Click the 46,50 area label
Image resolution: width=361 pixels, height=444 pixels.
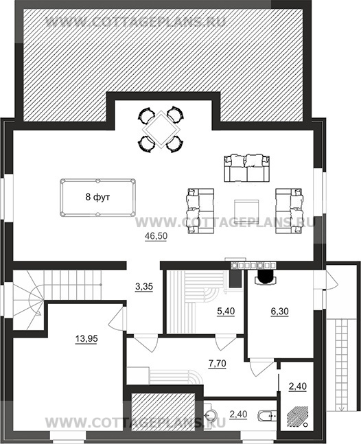pos(156,236)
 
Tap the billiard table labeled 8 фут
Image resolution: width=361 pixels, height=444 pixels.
pos(97,198)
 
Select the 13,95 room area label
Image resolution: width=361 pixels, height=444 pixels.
pos(86,339)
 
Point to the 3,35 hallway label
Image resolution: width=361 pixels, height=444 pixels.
pos(144,287)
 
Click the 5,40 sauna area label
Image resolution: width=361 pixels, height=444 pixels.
pos(226,311)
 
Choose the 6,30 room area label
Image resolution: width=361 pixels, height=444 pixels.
pos(280,312)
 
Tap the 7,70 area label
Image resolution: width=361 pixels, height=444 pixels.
pos(217,363)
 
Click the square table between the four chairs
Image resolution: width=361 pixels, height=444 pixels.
pos(161,130)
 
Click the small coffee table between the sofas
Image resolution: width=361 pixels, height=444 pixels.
pos(246,212)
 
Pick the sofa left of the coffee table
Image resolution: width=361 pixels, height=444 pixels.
pos(200,211)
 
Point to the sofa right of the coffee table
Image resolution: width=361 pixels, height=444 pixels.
pos(290,211)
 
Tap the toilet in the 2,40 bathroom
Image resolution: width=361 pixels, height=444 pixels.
pos(267,416)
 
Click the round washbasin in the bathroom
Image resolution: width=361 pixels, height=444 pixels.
pos(210,414)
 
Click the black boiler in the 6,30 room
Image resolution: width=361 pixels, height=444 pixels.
pos(265,277)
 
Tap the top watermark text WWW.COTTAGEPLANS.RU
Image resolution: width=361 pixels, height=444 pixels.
pos(135,21)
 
